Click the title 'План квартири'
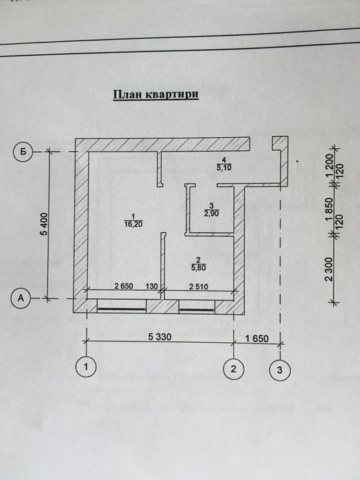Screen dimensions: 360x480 (156, 95)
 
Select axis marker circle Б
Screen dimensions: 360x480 (23, 152)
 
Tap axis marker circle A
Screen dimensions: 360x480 (21, 298)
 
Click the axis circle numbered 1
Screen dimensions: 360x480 (86, 367)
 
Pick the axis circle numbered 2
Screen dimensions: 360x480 (234, 369)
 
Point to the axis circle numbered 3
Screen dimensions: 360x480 (280, 370)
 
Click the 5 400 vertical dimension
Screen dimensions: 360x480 (45, 224)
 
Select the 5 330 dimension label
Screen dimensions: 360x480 (160, 337)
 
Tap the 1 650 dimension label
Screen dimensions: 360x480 (257, 339)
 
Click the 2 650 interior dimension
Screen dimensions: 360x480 (123, 286)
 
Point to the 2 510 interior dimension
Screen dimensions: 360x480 (199, 287)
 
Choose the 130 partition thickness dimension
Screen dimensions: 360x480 (152, 286)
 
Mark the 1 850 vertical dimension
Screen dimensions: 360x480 (329, 209)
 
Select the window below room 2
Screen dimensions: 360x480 (197, 307)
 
